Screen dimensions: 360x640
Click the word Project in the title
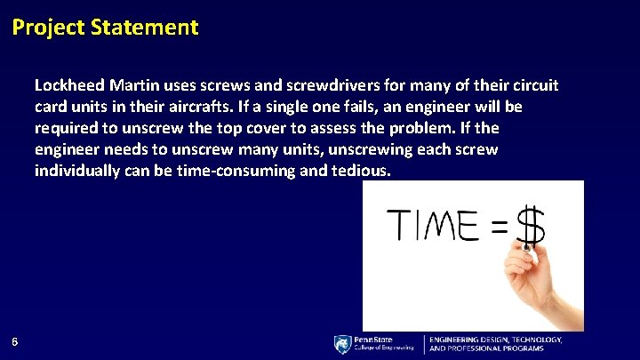(x=49, y=28)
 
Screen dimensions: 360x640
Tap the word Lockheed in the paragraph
(x=69, y=86)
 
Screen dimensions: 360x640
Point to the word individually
(x=77, y=172)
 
